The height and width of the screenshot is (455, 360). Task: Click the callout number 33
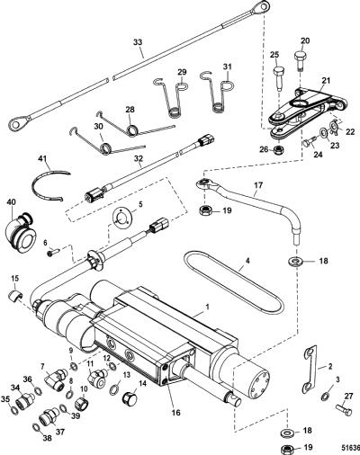138,42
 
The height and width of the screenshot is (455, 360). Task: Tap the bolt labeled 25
279,78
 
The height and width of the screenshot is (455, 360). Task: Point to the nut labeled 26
280,149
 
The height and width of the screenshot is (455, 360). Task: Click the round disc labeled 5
121,219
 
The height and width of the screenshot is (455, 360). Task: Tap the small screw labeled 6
53,252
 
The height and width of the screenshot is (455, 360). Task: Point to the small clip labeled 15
14,295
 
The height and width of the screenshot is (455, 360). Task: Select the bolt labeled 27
343,410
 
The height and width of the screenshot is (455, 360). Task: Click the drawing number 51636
350,448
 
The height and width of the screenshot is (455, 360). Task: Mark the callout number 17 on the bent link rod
258,185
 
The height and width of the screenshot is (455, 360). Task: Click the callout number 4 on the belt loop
247,261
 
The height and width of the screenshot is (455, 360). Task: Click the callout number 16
176,413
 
